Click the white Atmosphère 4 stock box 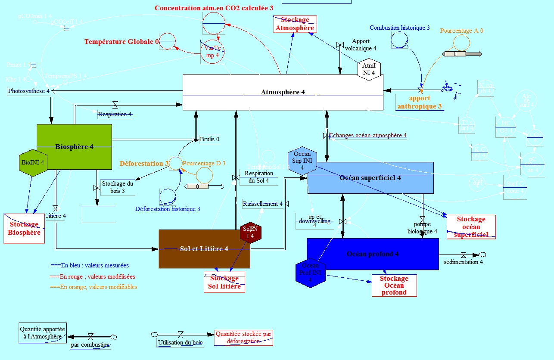point(283,92)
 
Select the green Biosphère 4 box point(74,147)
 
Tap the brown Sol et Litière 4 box point(204,249)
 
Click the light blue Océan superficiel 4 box point(370,178)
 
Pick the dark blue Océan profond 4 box point(373,254)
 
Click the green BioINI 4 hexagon point(33,162)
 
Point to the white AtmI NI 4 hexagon point(369,69)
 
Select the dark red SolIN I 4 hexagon point(250,233)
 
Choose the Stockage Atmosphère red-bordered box point(295,24)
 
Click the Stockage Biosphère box point(24,229)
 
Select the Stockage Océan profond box point(394,286)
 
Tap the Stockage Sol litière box point(224,282)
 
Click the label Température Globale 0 point(121,42)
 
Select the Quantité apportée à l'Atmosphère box point(42,332)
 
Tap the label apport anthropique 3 point(420,102)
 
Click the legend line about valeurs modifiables point(93,287)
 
